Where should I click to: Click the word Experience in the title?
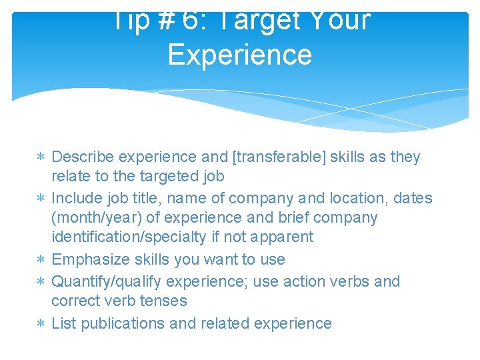[239, 54]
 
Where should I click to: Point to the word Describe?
[81, 157]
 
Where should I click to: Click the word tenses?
[164, 301]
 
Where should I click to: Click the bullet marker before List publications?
[42, 324]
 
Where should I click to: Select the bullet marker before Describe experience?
[42, 158]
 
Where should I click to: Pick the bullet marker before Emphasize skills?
[42, 260]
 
